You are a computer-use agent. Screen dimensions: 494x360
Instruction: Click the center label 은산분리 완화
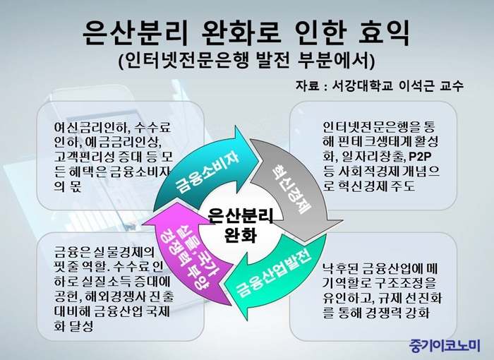[x=241, y=225]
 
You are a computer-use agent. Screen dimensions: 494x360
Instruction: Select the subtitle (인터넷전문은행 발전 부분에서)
[x=247, y=61]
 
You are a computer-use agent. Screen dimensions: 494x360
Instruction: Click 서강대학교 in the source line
[x=362, y=85]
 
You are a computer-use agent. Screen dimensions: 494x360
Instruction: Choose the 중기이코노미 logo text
[x=445, y=345]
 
